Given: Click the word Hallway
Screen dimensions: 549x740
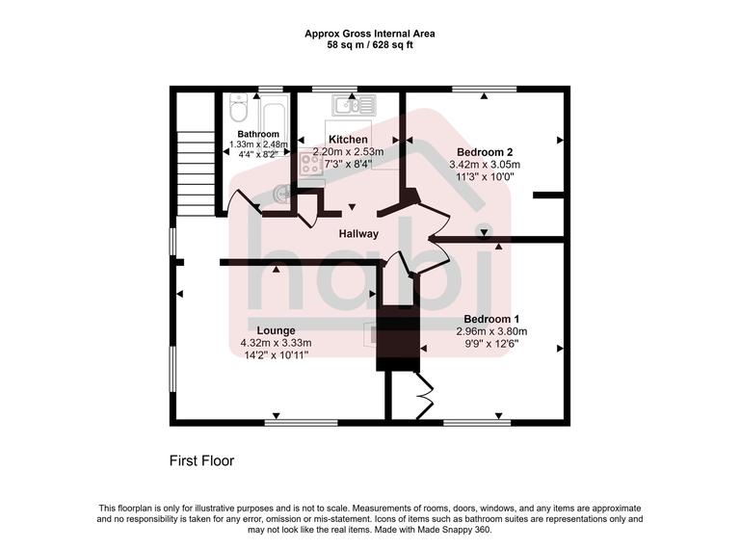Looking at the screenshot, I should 357,234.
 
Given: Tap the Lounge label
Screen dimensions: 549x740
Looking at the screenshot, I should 276,330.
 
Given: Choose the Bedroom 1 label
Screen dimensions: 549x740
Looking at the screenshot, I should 491,319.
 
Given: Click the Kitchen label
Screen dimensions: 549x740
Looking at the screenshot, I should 347,140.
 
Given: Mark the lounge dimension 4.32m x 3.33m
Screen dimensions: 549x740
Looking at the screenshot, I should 276,342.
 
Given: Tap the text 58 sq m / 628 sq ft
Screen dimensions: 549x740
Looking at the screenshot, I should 370,45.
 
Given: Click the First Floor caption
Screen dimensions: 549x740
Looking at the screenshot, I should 201,461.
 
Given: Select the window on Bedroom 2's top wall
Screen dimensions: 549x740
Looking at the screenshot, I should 482,89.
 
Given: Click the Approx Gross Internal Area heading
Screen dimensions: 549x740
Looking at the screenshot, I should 370,33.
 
